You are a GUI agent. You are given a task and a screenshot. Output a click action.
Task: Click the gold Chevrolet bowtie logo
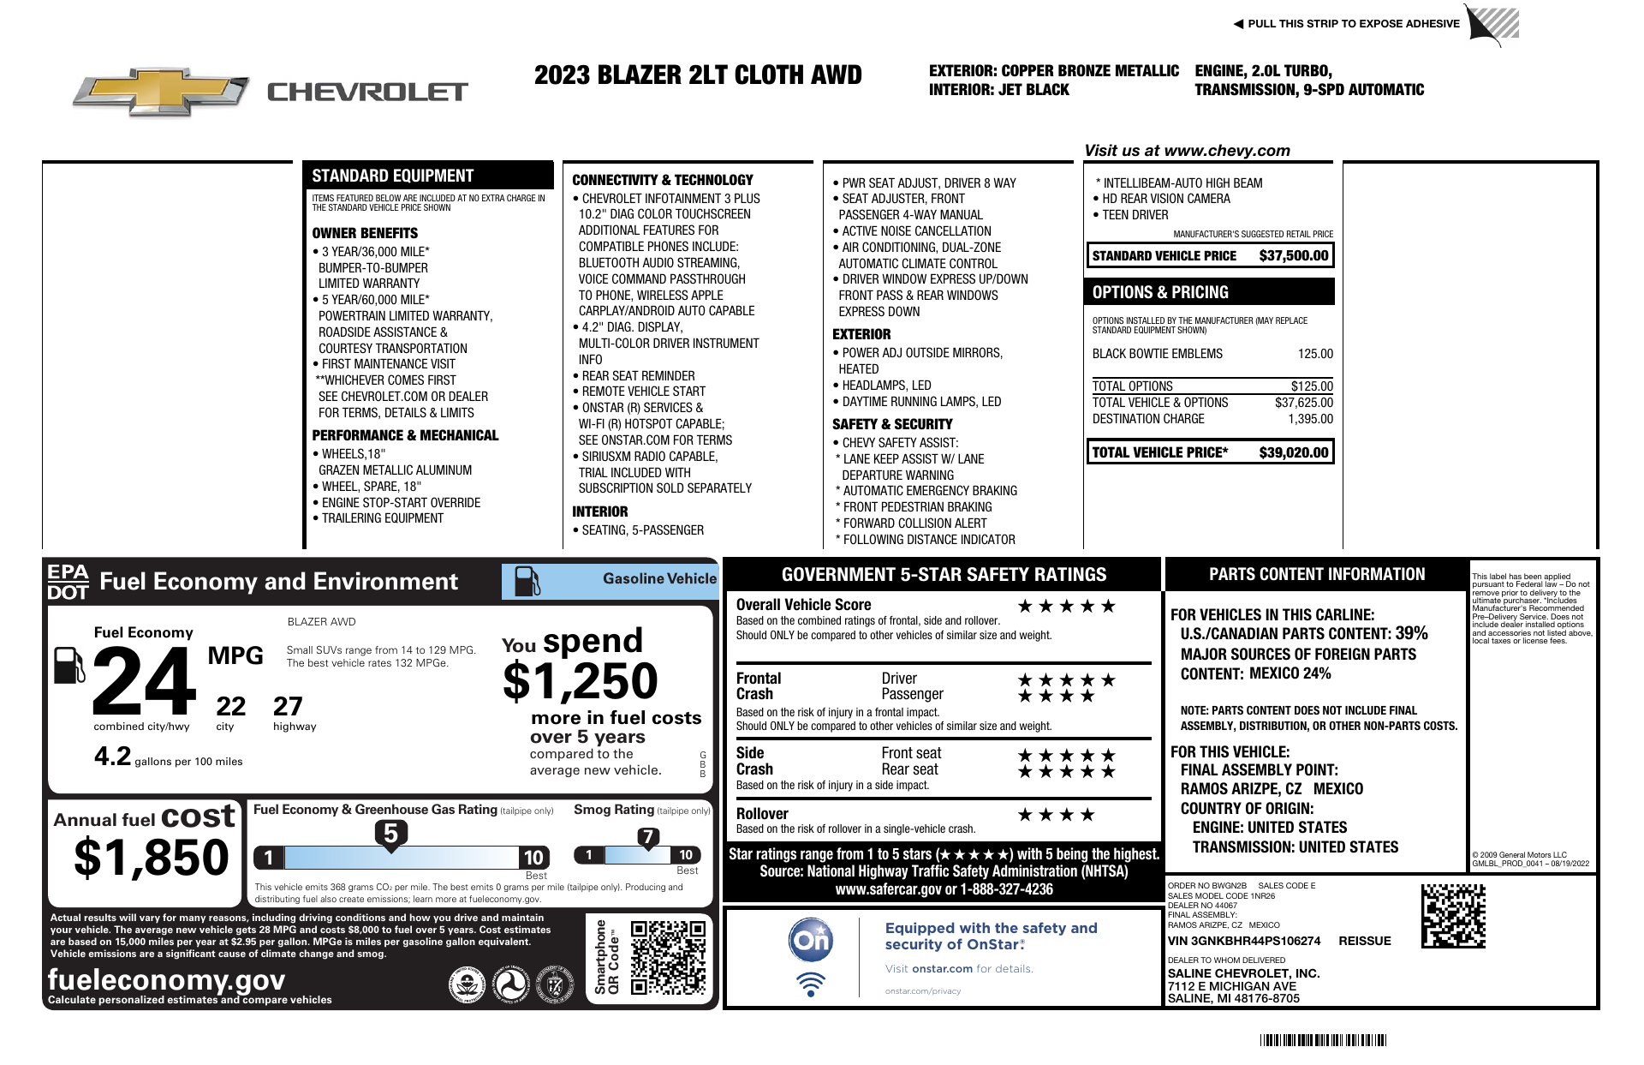(x=161, y=91)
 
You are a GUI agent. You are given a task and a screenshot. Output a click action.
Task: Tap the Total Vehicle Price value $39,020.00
(x=1293, y=452)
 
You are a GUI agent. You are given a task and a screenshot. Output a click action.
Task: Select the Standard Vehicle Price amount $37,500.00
(x=1293, y=255)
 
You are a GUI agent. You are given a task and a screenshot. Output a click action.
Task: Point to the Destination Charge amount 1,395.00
(x=1310, y=419)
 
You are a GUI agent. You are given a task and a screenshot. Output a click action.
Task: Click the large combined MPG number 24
(x=144, y=682)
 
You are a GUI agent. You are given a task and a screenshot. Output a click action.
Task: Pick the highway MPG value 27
(x=288, y=706)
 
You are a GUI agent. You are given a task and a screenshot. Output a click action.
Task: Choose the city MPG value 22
(x=230, y=706)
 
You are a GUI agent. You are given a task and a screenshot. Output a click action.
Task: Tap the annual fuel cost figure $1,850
(x=152, y=858)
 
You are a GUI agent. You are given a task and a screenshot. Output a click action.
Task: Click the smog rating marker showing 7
(x=648, y=837)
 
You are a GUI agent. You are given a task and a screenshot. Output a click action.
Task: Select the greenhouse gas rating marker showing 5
(x=390, y=833)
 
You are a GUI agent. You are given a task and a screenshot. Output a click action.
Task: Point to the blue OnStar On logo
(x=810, y=941)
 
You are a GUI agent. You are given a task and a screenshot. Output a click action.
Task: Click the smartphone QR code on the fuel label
(x=668, y=957)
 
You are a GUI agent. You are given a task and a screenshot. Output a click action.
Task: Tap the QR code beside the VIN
(x=1453, y=916)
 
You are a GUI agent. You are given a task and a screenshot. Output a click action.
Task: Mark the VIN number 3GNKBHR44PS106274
(x=1244, y=941)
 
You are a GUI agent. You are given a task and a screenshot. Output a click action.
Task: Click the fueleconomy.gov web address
(x=167, y=979)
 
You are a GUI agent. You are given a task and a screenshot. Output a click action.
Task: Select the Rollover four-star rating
(x=1055, y=815)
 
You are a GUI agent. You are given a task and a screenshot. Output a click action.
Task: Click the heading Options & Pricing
(x=1160, y=292)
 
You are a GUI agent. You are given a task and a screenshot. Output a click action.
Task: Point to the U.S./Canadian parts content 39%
(x=1411, y=633)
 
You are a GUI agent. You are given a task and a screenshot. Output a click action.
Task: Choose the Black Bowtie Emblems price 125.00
(x=1315, y=354)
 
